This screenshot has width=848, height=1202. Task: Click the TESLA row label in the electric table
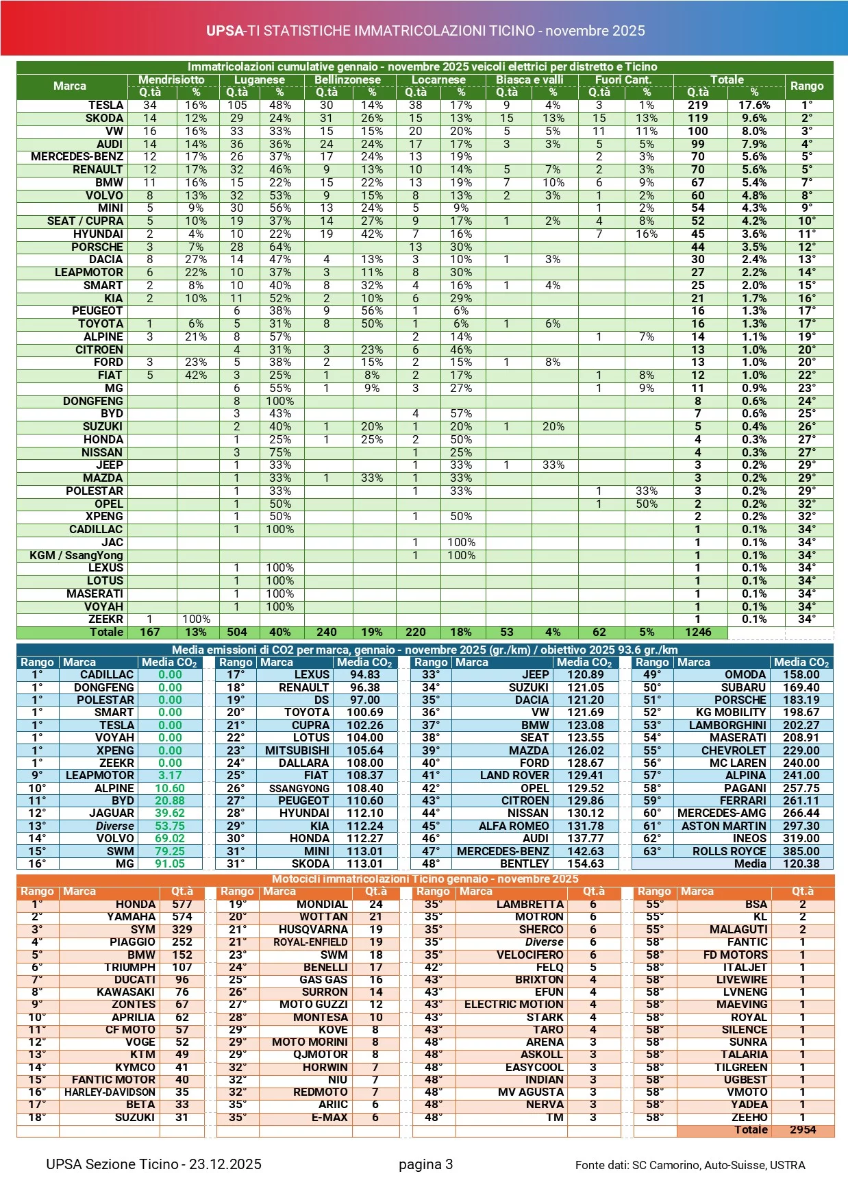(x=105, y=106)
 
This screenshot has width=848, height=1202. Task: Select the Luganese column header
(x=260, y=79)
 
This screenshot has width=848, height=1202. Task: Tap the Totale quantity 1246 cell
(x=698, y=633)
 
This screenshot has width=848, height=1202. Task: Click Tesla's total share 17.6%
(x=753, y=106)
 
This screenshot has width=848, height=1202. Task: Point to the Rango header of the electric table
(x=806, y=86)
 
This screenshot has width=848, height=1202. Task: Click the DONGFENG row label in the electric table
(x=93, y=401)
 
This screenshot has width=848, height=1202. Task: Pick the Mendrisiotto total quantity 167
(x=150, y=633)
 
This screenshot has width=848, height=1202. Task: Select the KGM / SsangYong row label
(x=76, y=555)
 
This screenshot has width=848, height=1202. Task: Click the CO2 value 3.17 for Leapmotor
(x=170, y=776)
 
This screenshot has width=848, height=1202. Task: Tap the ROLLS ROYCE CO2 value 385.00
(x=801, y=851)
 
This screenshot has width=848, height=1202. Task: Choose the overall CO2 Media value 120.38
(x=801, y=864)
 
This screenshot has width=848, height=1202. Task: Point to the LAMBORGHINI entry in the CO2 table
(x=727, y=725)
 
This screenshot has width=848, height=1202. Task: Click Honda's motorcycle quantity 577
(x=182, y=905)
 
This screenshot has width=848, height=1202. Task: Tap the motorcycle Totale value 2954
(x=802, y=1130)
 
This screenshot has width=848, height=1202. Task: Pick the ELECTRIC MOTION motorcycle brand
(x=514, y=1005)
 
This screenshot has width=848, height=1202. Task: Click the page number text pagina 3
(x=425, y=1164)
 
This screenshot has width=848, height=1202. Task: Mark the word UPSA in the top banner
(x=225, y=31)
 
